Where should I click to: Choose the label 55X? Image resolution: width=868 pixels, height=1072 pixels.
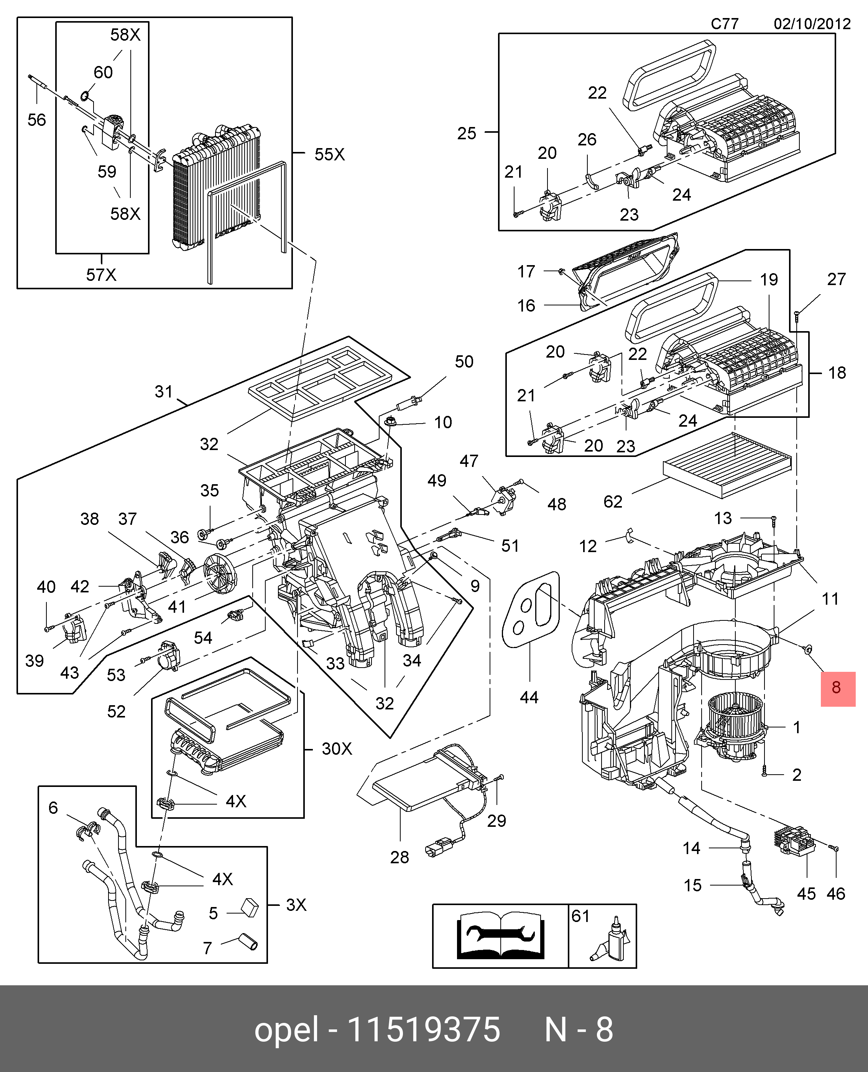[329, 154]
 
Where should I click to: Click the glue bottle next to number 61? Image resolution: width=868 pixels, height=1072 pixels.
[613, 940]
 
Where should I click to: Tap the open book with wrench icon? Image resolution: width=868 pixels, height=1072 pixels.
[500, 935]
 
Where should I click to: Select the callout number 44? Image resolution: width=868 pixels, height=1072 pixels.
[529, 697]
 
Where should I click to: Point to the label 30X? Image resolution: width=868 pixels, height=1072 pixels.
[337, 749]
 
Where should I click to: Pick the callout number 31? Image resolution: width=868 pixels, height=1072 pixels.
[163, 392]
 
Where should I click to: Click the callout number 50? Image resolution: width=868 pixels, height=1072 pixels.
[464, 362]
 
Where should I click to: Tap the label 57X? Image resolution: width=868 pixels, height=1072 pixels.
[101, 275]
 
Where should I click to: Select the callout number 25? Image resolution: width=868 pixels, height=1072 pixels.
[467, 133]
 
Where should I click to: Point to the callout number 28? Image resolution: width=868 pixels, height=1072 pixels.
[399, 858]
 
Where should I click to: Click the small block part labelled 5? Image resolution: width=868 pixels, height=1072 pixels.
[250, 907]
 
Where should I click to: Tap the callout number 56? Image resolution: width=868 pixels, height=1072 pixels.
[36, 120]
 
